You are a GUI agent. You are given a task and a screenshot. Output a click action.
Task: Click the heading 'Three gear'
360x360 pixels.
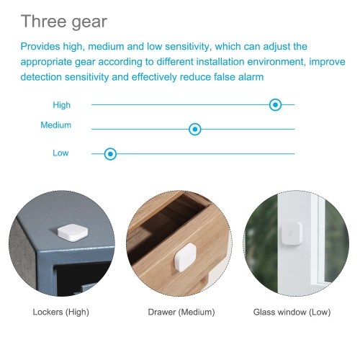pyautogui.click(x=64, y=22)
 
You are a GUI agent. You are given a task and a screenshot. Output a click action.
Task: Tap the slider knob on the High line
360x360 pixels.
pyautogui.click(x=275, y=104)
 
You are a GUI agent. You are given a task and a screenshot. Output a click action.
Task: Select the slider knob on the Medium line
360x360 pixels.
pyautogui.click(x=195, y=129)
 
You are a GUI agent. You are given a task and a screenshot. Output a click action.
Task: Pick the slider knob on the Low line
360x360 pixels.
pyautogui.click(x=110, y=154)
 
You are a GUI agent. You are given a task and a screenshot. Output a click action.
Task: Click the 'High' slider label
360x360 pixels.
pyautogui.click(x=62, y=105)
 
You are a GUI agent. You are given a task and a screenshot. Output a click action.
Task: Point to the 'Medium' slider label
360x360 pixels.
pyautogui.click(x=56, y=125)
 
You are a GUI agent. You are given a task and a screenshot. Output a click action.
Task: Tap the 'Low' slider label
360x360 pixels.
pyautogui.click(x=60, y=153)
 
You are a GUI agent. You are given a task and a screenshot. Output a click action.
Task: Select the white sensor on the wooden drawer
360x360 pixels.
pyautogui.click(x=185, y=257)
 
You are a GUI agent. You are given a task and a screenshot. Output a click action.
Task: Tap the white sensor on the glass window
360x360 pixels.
pyautogui.click(x=292, y=234)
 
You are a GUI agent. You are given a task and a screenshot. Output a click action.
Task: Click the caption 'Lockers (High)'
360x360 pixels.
pyautogui.click(x=61, y=312)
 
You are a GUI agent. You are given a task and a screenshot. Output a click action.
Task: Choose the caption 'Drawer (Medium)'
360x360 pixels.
pyautogui.click(x=181, y=312)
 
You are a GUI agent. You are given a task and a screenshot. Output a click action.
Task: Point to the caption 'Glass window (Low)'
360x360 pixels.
pyautogui.click(x=292, y=312)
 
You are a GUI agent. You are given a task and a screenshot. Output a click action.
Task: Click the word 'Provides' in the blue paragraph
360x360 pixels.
pyautogui.click(x=40, y=46)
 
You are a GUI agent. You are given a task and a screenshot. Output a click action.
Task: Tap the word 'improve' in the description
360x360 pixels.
pyautogui.click(x=327, y=62)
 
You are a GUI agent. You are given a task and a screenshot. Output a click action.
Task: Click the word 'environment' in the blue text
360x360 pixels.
pyautogui.click(x=276, y=62)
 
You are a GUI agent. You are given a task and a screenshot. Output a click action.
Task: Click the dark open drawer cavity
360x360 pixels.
pyautogui.click(x=167, y=220)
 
